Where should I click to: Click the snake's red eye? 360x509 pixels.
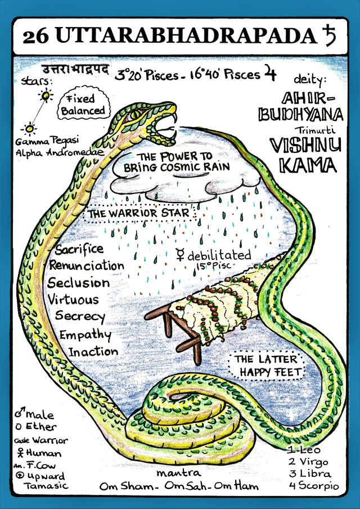pyautogui.click(x=136, y=115)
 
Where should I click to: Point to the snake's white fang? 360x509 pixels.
pyautogui.click(x=174, y=118)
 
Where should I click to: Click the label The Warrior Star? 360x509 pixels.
pyautogui.click(x=139, y=214)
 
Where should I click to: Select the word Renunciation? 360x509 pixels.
pyautogui.click(x=86, y=265)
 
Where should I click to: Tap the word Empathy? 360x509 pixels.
pyautogui.click(x=85, y=335)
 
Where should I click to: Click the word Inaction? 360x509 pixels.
pyautogui.click(x=93, y=352)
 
